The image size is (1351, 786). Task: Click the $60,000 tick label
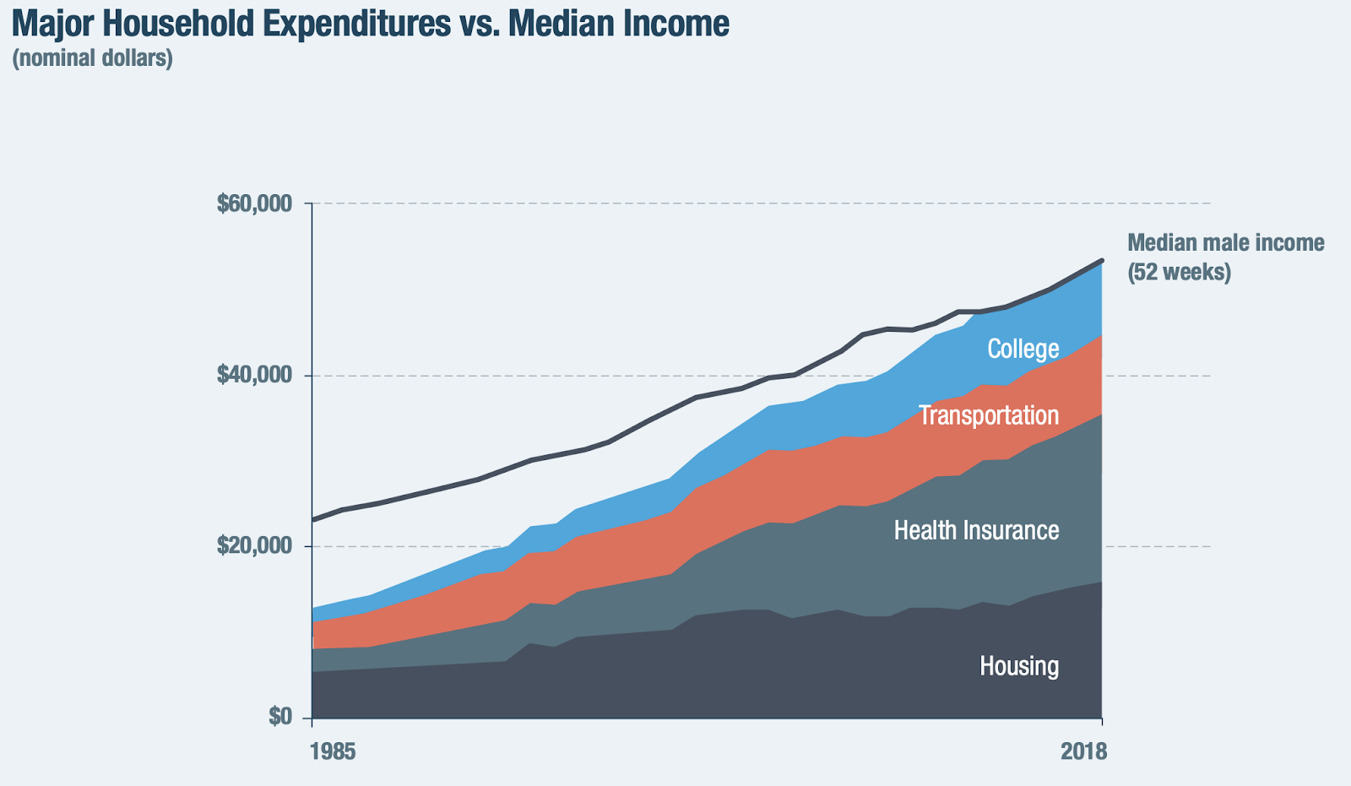pyautogui.click(x=254, y=203)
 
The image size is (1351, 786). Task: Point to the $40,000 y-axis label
pyautogui.click(x=254, y=375)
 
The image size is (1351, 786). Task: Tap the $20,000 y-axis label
pyautogui.click(x=254, y=546)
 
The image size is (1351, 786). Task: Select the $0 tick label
pyautogui.click(x=280, y=717)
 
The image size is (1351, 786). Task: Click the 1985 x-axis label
pyautogui.click(x=333, y=751)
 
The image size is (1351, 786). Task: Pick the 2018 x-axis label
pyautogui.click(x=1083, y=751)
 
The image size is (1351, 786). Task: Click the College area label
pyautogui.click(x=1023, y=349)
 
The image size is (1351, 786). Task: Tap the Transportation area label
pyautogui.click(x=988, y=415)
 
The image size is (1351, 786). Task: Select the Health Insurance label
pyautogui.click(x=976, y=530)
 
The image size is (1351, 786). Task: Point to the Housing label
pyautogui.click(x=1018, y=666)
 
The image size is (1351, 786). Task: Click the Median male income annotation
pyautogui.click(x=1225, y=243)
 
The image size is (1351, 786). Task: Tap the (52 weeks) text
pyautogui.click(x=1179, y=272)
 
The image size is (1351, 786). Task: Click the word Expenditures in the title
pyautogui.click(x=358, y=24)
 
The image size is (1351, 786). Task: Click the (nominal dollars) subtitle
pyautogui.click(x=92, y=58)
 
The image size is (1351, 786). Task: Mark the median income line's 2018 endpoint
pyautogui.click(x=1101, y=260)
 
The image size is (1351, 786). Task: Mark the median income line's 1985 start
pyautogui.click(x=313, y=519)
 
